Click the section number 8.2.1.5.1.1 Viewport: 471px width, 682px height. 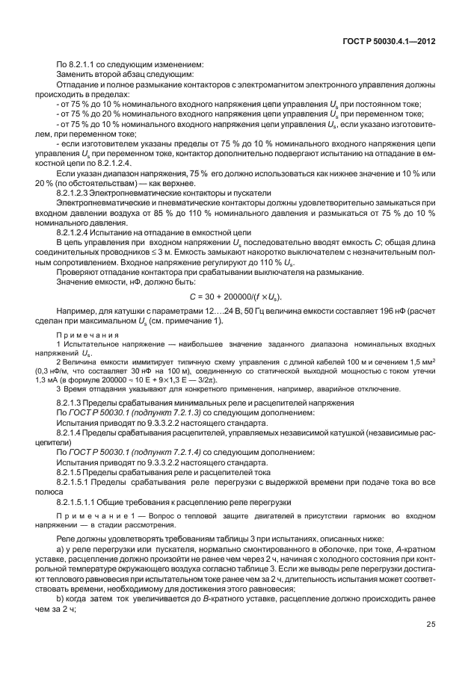click(x=84, y=501)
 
